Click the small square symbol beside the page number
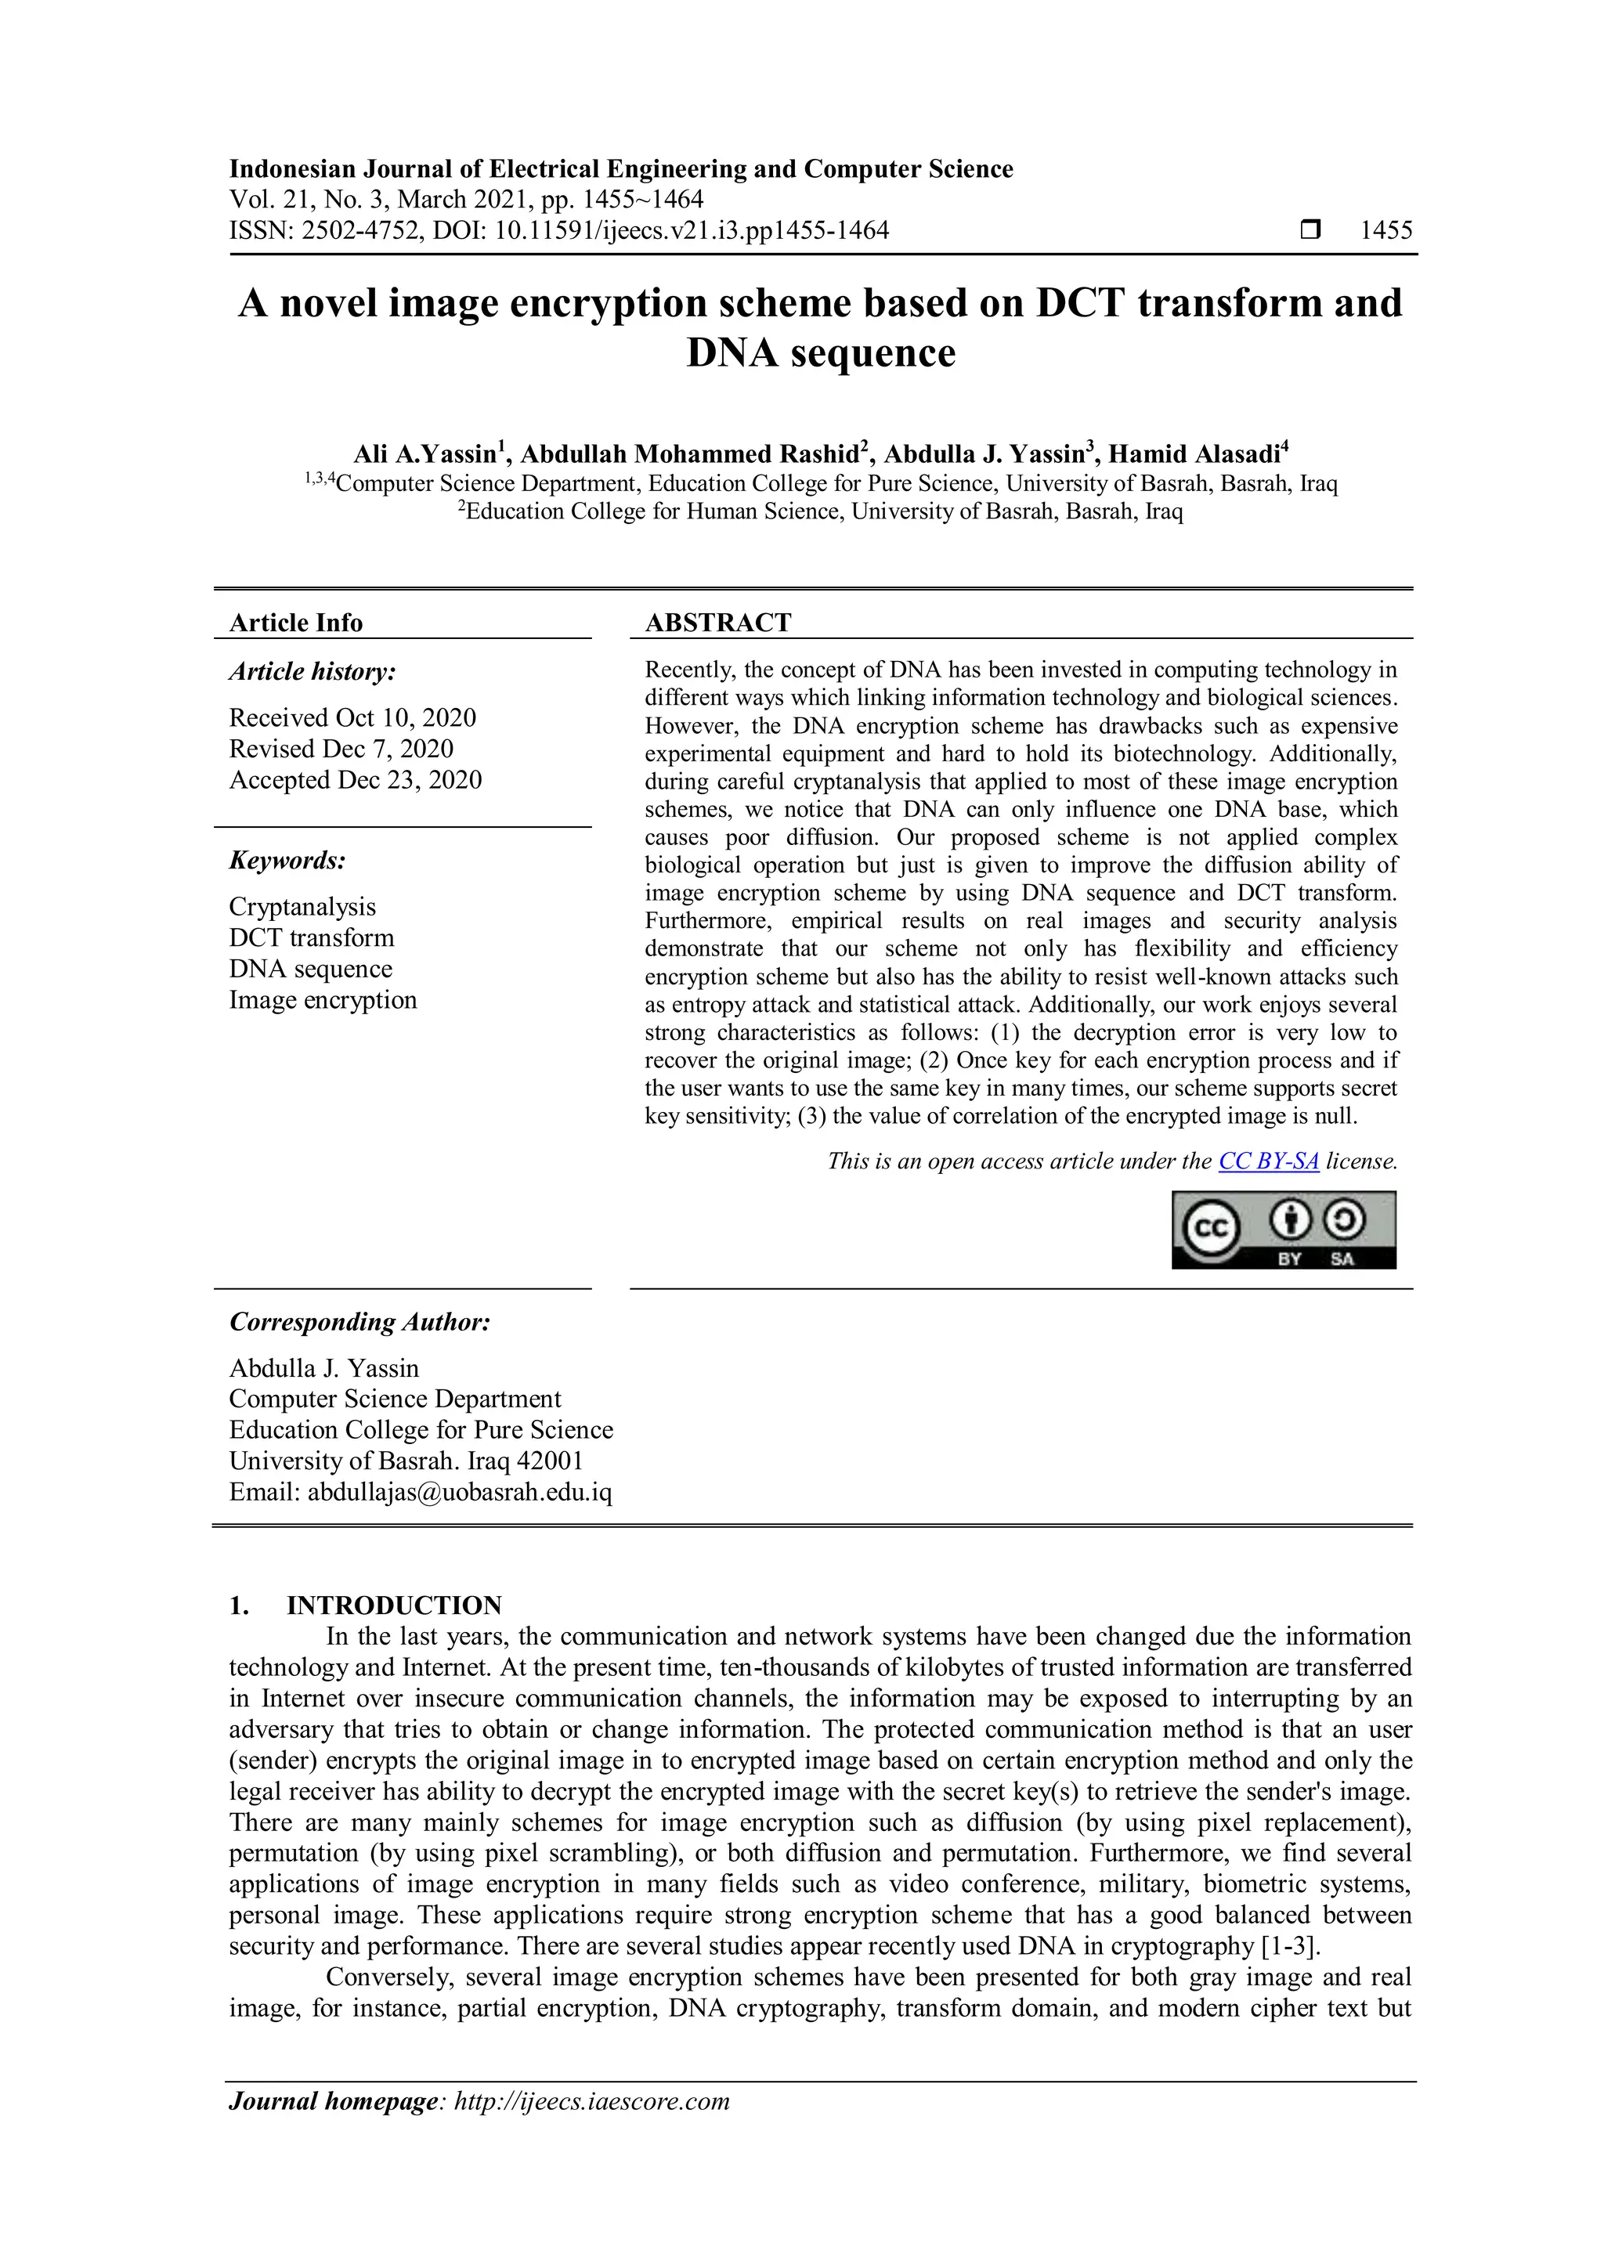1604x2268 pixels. [1310, 230]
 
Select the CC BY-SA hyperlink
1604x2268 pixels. [1268, 1161]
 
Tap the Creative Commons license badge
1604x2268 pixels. [1283, 1230]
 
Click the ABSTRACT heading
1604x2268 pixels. [718, 623]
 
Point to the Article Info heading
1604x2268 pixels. [295, 623]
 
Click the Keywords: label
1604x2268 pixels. [287, 861]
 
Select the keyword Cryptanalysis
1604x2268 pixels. [302, 907]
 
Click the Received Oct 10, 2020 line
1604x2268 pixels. [352, 717]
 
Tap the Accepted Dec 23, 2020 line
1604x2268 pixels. [356, 779]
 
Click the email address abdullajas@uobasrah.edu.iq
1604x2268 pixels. [459, 1492]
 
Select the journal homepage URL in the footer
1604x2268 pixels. [591, 2101]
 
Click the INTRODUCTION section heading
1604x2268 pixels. [394, 1605]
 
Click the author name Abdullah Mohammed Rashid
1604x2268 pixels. [688, 454]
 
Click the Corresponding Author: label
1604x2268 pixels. [359, 1322]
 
